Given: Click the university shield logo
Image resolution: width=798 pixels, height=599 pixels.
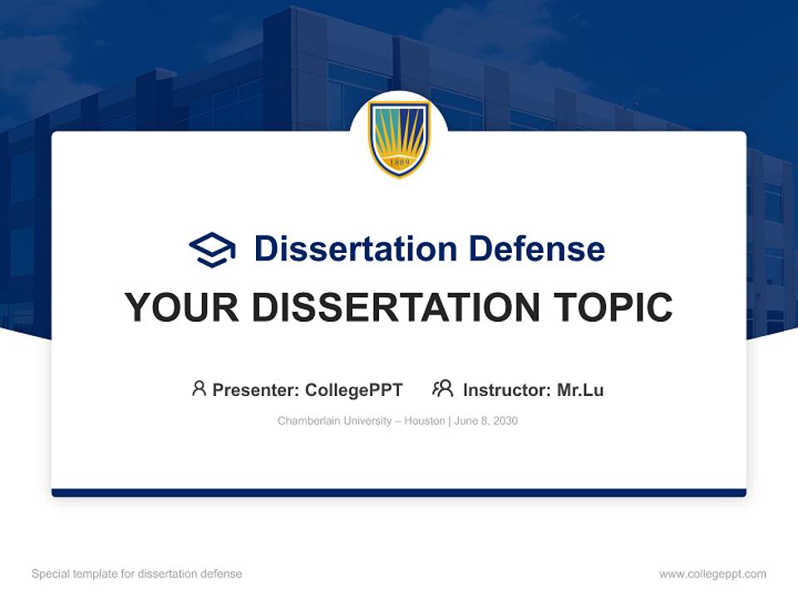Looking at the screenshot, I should (x=399, y=138).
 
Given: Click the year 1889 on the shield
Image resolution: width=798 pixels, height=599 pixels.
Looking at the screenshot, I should (x=399, y=161).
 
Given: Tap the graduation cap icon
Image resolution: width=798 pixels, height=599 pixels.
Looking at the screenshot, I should (x=212, y=250).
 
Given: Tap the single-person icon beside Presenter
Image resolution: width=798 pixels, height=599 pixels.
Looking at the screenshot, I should (x=199, y=389).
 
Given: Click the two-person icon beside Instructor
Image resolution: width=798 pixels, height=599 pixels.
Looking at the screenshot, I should (x=442, y=389).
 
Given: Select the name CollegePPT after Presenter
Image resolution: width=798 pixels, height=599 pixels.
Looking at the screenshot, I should (x=354, y=389).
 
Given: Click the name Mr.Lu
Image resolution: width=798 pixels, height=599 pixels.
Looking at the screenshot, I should (x=580, y=389).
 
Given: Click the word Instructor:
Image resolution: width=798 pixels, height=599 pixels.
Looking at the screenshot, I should (x=506, y=389).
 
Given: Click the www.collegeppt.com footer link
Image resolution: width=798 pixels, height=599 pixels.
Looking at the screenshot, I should (x=712, y=574).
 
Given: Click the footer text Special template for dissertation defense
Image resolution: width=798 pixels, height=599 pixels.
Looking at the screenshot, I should (x=136, y=574).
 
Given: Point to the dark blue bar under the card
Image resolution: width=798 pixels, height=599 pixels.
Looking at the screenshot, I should (x=399, y=493).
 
